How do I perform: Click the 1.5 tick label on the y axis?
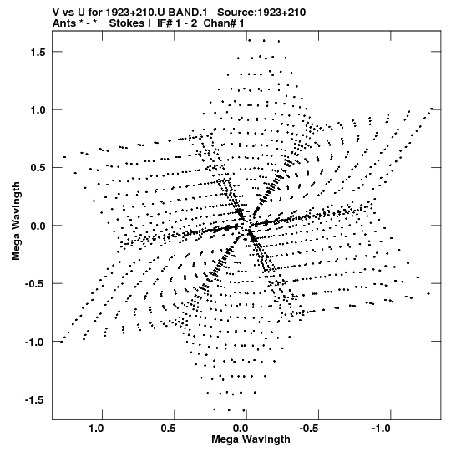pyautogui.click(x=38, y=52)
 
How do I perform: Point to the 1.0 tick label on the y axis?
pyautogui.click(x=38, y=110)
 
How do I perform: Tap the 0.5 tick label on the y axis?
pyautogui.click(x=38, y=168)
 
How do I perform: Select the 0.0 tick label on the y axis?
pyautogui.click(x=38, y=226)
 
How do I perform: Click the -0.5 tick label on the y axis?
pyautogui.click(x=35, y=284)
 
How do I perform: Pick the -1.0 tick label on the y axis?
pyautogui.click(x=35, y=343)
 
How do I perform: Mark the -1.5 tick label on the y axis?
pyautogui.click(x=35, y=400)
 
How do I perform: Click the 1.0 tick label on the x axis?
pyautogui.click(x=96, y=429)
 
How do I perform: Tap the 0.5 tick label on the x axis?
pyautogui.click(x=169, y=429)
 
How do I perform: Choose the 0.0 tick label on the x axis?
pyautogui.click(x=241, y=429)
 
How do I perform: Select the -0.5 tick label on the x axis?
pyautogui.click(x=310, y=429)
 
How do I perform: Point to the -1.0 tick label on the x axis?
pyautogui.click(x=382, y=429)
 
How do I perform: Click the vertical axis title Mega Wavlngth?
pyautogui.click(x=16, y=221)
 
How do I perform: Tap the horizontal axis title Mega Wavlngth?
pyautogui.click(x=251, y=439)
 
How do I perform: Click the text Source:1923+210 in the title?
pyautogui.click(x=261, y=13)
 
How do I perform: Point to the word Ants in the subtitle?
pyautogui.click(x=64, y=23)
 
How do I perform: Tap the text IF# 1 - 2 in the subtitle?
pyautogui.click(x=177, y=23)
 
